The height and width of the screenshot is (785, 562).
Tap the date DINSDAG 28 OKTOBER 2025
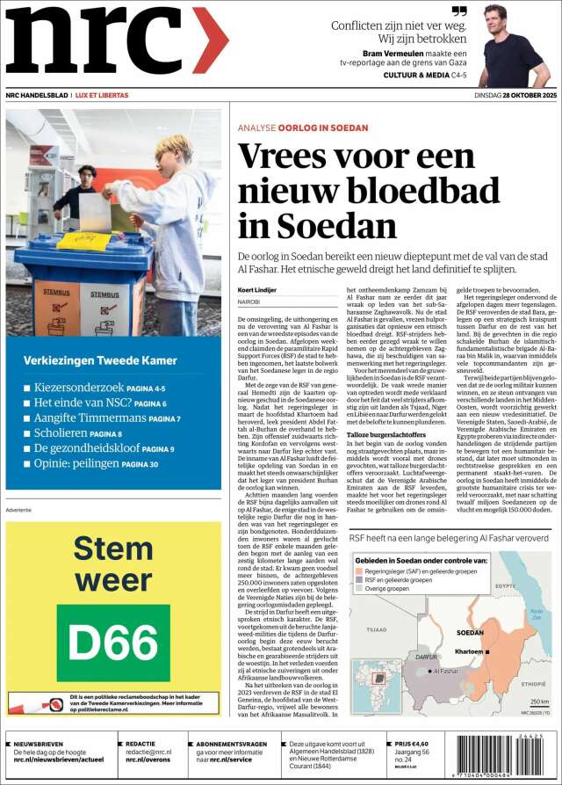(x=505, y=95)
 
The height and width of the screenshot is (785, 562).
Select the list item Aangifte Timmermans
(x=89, y=418)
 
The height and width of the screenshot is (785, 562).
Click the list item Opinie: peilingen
(x=76, y=463)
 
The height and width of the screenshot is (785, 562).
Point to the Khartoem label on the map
(x=470, y=651)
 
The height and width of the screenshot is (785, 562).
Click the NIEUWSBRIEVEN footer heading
(x=41, y=744)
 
